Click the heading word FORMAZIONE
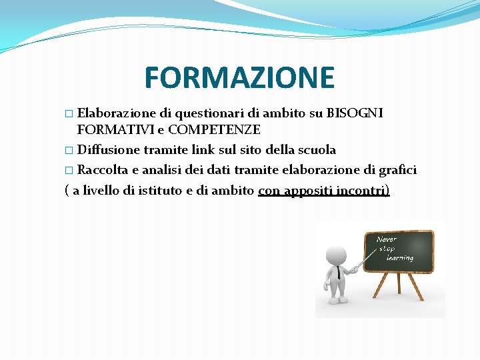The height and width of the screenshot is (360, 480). pos(239,77)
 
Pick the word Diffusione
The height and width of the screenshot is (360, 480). pos(109,149)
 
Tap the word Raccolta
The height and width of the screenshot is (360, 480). pos(105,170)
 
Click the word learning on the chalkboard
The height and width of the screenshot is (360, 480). pos(399,257)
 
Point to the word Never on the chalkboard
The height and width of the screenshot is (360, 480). pos(387,239)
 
